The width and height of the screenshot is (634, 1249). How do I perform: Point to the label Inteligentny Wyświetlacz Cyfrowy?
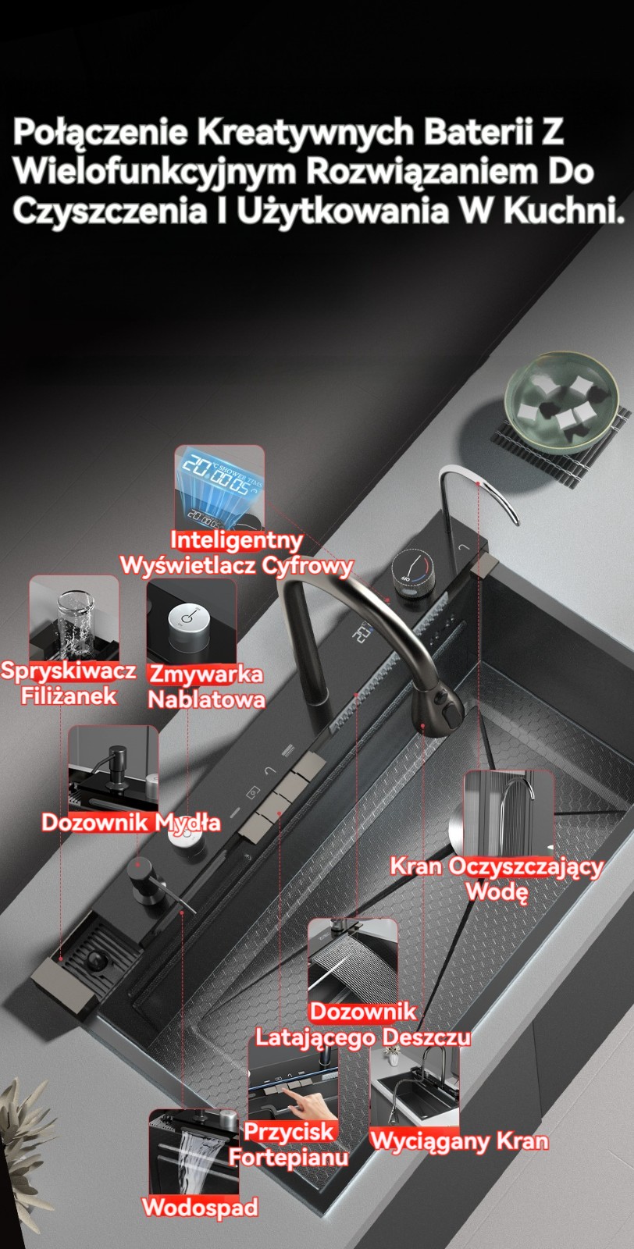pos(237,553)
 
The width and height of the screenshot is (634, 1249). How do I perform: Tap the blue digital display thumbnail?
pos(219,487)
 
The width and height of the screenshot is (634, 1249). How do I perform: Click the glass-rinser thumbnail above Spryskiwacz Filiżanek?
pos(74,618)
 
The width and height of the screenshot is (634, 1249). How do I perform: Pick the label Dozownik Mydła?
pos(131,823)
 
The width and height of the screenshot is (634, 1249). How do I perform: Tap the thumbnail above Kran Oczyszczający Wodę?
pos(508,813)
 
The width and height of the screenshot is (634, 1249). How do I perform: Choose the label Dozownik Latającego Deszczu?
pos(363,1026)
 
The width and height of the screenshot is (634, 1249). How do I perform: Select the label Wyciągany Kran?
pos(459,1140)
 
